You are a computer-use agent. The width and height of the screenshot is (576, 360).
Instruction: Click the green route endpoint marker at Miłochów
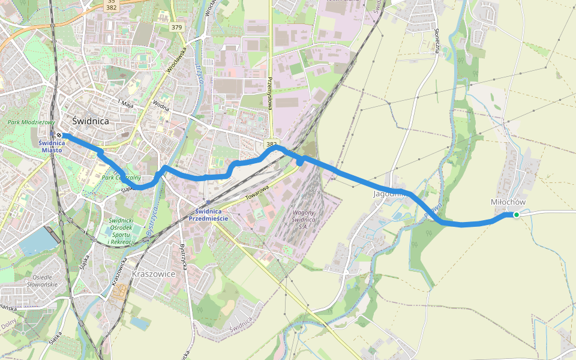pos(516,215)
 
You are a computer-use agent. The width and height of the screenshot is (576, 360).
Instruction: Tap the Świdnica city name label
pos(91,121)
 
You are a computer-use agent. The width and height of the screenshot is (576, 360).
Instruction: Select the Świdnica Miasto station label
pos(50,146)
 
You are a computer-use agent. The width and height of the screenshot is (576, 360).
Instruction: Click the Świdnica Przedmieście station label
pos(208,215)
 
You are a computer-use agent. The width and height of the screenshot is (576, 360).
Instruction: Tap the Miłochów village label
pos(508,202)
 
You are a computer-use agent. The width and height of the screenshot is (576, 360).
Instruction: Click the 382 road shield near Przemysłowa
pos(272,145)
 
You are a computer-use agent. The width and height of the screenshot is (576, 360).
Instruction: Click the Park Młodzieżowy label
pos(31,122)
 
